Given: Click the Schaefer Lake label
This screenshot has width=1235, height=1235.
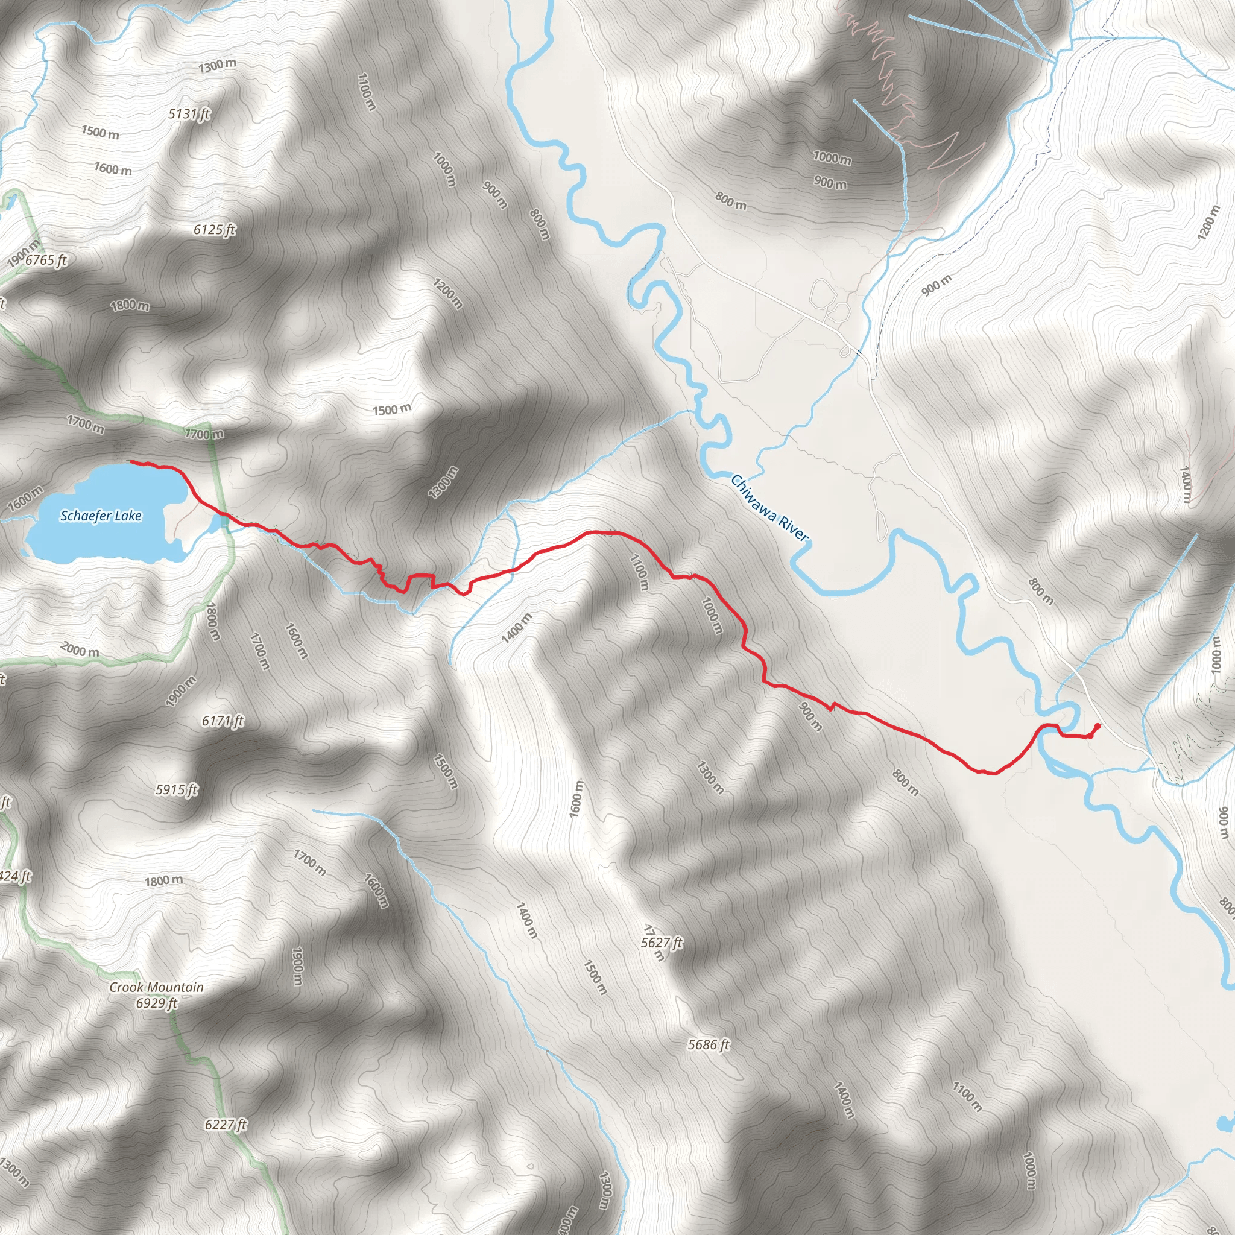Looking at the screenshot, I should (x=101, y=516).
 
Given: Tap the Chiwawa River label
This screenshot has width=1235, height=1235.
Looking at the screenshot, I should (x=769, y=508).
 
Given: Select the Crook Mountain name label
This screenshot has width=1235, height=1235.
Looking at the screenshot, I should (x=156, y=988).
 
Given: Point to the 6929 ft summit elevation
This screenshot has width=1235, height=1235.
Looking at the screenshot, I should (x=156, y=1003).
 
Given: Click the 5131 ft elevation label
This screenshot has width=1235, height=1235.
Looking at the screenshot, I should (x=189, y=115).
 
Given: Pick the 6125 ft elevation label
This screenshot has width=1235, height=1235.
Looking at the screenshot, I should (x=215, y=230).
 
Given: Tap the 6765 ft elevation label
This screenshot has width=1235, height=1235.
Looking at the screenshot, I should (x=46, y=260).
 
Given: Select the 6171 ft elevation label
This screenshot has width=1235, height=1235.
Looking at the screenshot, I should (x=223, y=721).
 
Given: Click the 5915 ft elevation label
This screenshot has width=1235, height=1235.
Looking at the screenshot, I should (x=177, y=789).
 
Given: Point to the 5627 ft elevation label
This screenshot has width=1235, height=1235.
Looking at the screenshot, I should (x=662, y=943).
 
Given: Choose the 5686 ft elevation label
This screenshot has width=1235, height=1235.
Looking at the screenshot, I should (x=709, y=1044).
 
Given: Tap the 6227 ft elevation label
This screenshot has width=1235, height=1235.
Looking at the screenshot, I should (x=226, y=1125).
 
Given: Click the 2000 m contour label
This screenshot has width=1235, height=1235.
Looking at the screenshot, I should (x=80, y=651).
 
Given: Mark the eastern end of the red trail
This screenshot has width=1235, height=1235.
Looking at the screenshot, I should (x=1098, y=725).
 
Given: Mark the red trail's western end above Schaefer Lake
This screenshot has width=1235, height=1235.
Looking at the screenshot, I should (x=131, y=461).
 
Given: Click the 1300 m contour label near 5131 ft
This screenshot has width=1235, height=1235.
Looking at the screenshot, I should (x=217, y=65).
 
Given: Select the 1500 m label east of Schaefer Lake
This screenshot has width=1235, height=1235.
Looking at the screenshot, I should (x=393, y=409).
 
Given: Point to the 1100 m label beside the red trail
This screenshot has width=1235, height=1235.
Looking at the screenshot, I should (x=639, y=572).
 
